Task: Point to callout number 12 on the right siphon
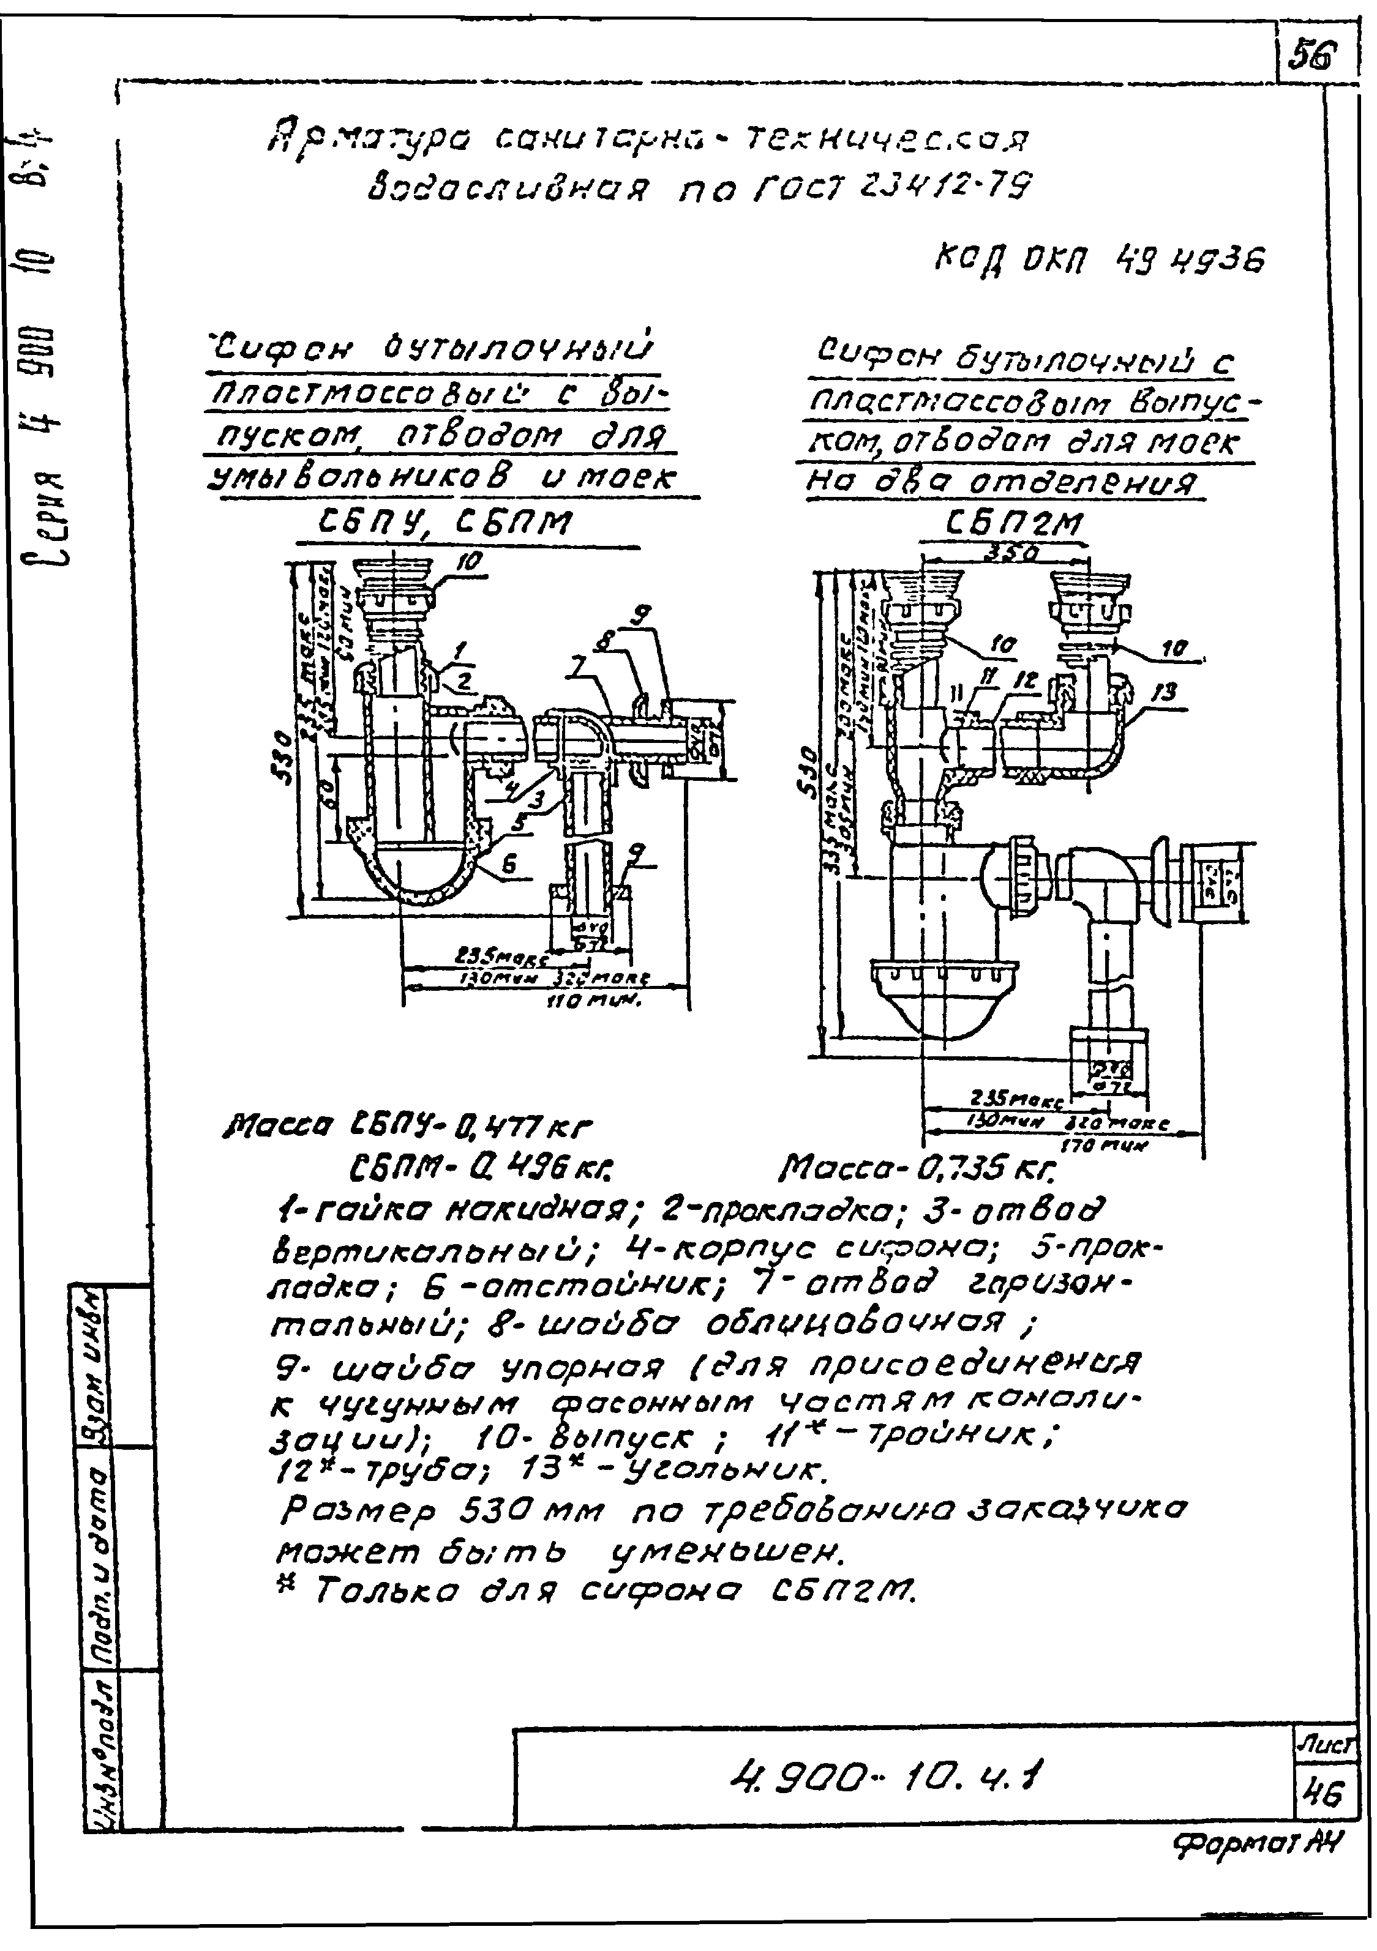tap(1024, 680)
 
